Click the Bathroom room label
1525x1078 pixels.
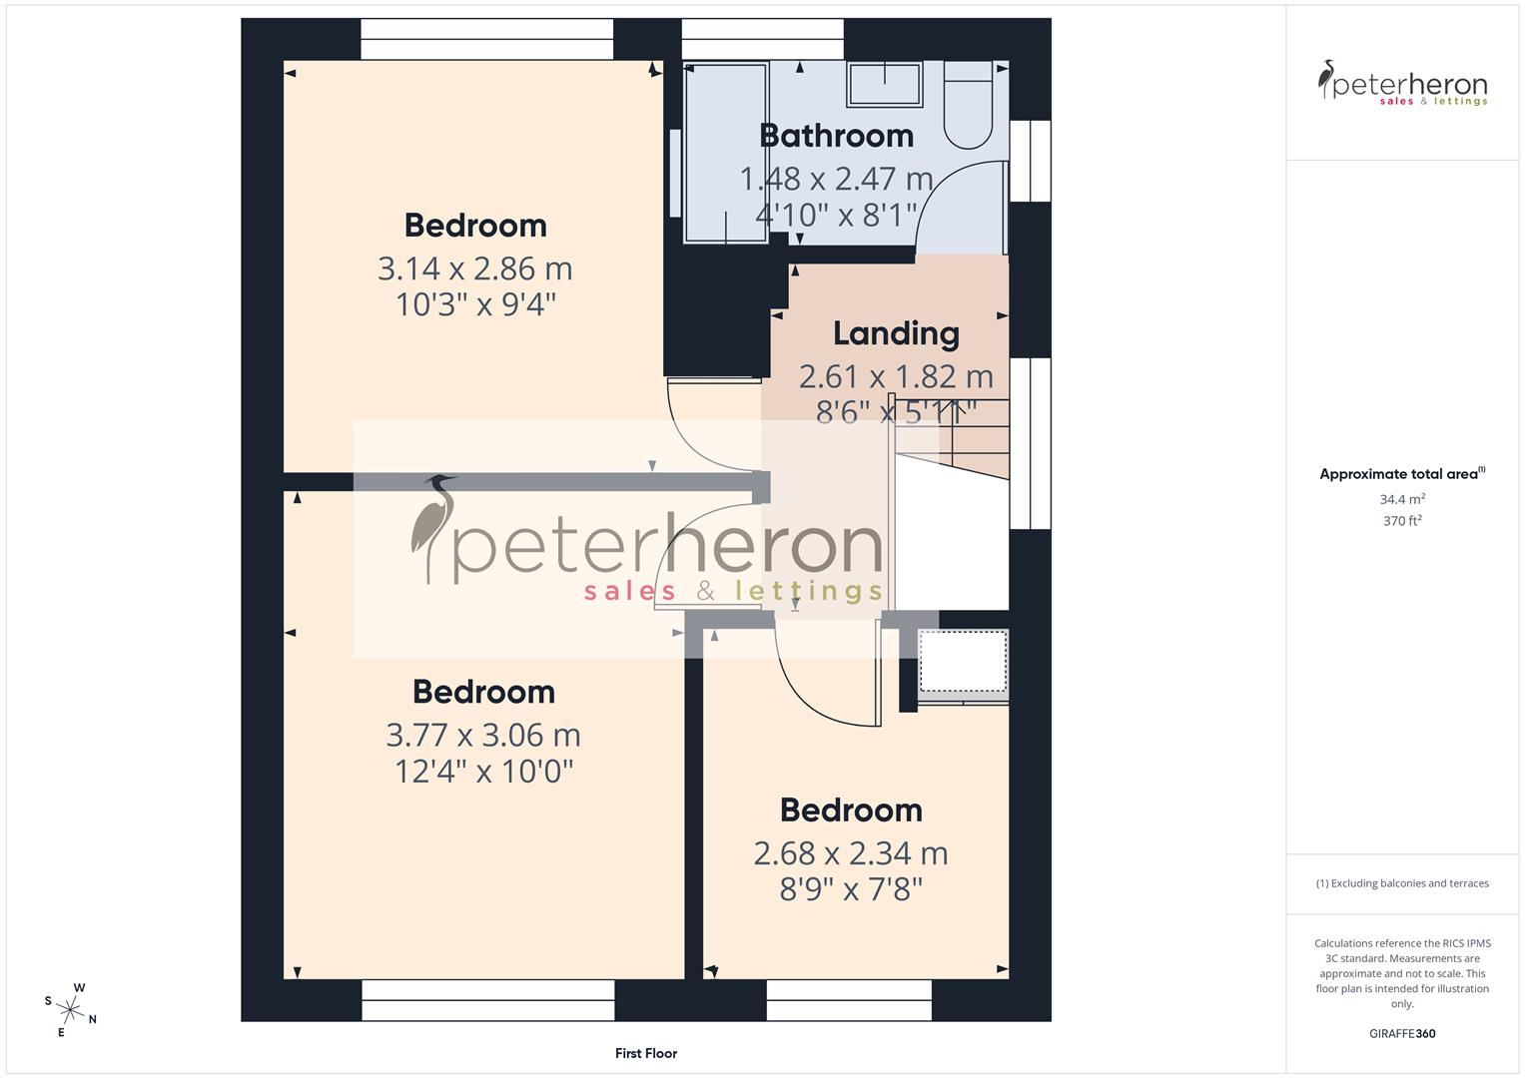[x=836, y=135]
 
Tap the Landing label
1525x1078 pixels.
[x=896, y=333]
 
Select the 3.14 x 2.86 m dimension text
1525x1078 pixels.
[x=474, y=269]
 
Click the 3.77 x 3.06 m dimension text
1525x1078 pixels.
[x=483, y=735]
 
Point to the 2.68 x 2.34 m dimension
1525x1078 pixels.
[x=850, y=853]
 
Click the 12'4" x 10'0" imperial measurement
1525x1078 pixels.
[x=483, y=772]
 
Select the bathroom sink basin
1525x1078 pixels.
[x=885, y=84]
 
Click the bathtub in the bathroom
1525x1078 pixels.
[x=726, y=152]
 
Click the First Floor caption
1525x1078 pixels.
[x=646, y=1053]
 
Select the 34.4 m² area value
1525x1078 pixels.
[x=1402, y=499]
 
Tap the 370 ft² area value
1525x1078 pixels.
[x=1402, y=521]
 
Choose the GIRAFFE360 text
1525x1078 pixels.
[x=1402, y=1034]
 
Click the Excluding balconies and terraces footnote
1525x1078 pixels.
[x=1402, y=883]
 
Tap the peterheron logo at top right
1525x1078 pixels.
[x=1402, y=84]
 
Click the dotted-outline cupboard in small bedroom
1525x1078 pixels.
[x=963, y=661]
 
